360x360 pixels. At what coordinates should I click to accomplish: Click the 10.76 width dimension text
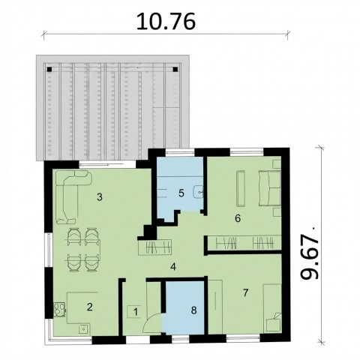[x=166, y=22]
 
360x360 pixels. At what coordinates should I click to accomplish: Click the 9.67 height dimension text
[x=310, y=256]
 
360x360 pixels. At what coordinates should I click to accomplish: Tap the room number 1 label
[x=136, y=312]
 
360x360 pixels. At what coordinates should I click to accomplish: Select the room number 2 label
[x=90, y=307]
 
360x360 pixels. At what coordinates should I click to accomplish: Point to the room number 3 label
[x=100, y=197]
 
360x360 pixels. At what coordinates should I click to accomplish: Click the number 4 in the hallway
[x=173, y=267]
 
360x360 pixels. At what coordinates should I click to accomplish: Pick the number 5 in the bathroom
[x=181, y=193]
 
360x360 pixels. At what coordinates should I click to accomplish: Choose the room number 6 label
[x=238, y=218]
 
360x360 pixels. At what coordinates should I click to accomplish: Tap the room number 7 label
[x=245, y=292]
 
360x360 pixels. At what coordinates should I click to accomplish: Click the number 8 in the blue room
[x=193, y=310]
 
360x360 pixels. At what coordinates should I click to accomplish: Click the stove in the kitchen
[x=59, y=310]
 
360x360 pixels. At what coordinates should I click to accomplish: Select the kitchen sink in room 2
[x=82, y=329]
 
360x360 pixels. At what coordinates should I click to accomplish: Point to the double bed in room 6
[x=269, y=188]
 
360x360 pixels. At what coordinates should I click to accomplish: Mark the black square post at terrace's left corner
[x=49, y=69]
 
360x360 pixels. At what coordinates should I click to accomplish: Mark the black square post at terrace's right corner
[x=175, y=69]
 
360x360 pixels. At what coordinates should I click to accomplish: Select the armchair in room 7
[x=274, y=323]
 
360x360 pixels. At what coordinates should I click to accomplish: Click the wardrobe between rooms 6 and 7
[x=244, y=242]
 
